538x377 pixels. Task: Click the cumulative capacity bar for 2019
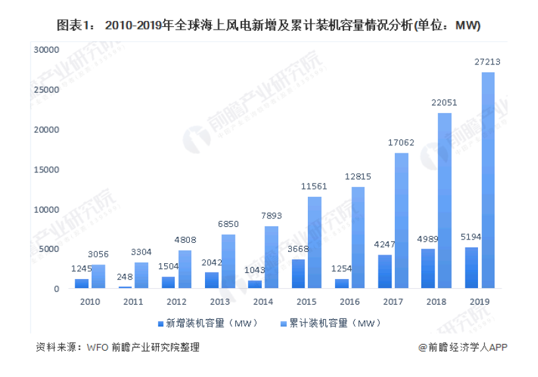click(x=488, y=180)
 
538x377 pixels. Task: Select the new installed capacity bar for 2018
click(x=428, y=268)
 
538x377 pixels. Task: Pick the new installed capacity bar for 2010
click(x=82, y=284)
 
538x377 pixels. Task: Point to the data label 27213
click(x=487, y=62)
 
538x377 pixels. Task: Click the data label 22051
click(x=444, y=103)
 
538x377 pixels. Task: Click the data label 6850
click(x=227, y=224)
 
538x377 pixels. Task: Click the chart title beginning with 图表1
click(x=268, y=26)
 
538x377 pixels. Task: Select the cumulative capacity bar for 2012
click(x=185, y=269)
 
